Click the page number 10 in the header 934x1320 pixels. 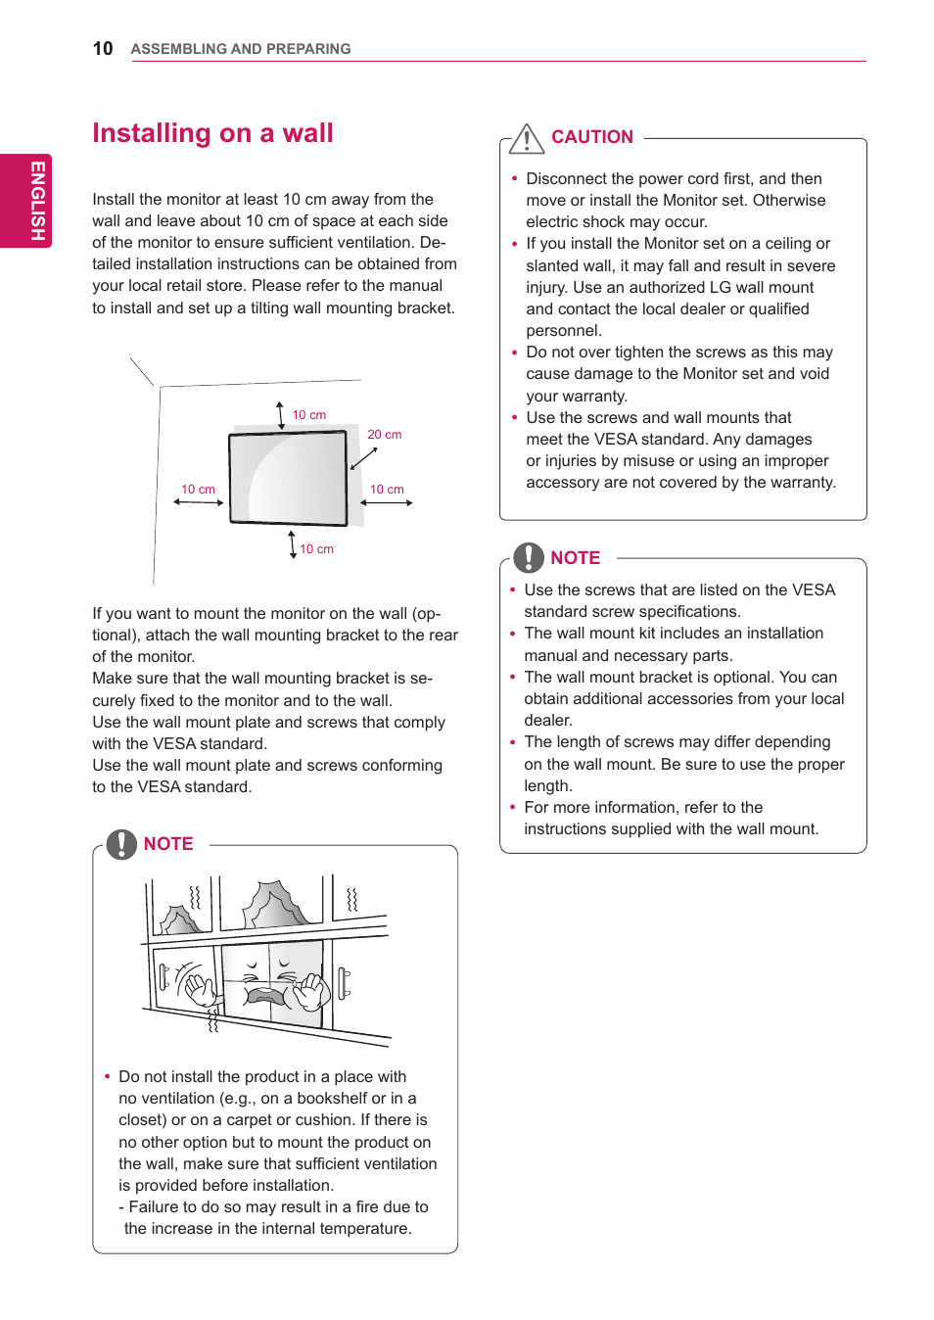click(x=103, y=49)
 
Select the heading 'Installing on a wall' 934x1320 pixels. click(x=212, y=133)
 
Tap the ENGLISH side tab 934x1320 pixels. click(x=36, y=201)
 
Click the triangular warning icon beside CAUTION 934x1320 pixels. click(x=527, y=139)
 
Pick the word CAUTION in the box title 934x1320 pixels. click(x=591, y=137)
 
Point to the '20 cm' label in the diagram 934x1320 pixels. click(x=384, y=435)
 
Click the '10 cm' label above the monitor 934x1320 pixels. click(x=309, y=415)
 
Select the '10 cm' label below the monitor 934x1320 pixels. click(x=316, y=549)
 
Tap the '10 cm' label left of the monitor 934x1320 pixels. click(x=198, y=490)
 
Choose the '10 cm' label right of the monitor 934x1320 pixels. click(x=387, y=490)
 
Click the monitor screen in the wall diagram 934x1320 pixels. click(x=288, y=478)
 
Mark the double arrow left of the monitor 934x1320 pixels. click(x=199, y=502)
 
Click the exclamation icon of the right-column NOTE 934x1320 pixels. click(x=529, y=557)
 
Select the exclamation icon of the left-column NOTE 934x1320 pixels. click(x=121, y=844)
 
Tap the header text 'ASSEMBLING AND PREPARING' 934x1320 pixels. click(x=241, y=49)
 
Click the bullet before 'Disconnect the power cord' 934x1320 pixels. click(x=514, y=179)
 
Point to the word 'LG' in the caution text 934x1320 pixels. click(x=720, y=288)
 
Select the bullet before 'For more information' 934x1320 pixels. click(x=512, y=808)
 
